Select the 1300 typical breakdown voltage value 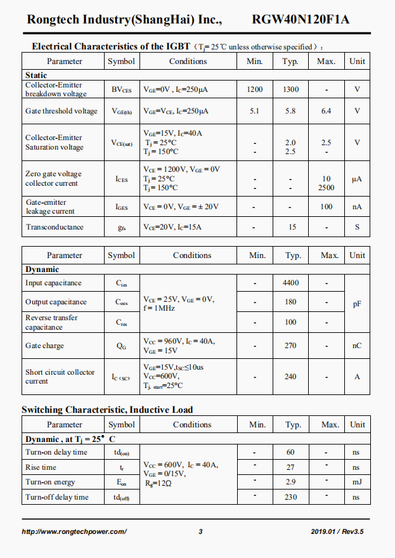pos(290,89)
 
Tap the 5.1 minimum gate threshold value pos(254,111)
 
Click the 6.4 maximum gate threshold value pos(326,111)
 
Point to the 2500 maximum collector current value pos(326,188)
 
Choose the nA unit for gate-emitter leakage pos(357,207)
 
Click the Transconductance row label pos(55,227)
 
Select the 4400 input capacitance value pos(290,283)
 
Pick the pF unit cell pos(357,304)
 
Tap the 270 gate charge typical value pos(290,346)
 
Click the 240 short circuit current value pos(290,377)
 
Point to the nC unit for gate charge pos(357,346)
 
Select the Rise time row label pos(41,467)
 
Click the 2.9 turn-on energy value pos(290,483)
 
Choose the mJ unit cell pos(356,483)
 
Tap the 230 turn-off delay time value pos(290,497)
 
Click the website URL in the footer pos(74,531)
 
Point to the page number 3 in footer pos(200,531)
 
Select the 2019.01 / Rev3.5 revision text pos(337,531)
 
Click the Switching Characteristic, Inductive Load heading pos(107,410)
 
